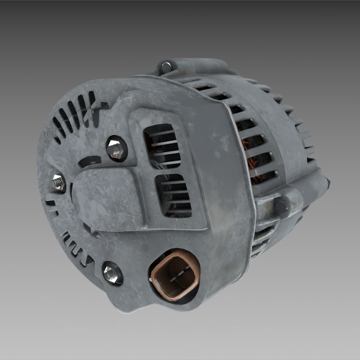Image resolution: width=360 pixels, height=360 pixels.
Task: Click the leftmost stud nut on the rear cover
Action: [x=58, y=182]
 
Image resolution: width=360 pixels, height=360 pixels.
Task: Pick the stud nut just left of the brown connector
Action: [x=112, y=273]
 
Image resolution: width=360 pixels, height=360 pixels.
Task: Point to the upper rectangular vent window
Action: [x=162, y=146]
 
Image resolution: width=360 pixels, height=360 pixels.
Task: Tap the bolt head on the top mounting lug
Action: [x=166, y=66]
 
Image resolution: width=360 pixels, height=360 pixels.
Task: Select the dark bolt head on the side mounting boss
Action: [x=280, y=207]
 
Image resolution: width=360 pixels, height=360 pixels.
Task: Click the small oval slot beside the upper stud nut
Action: [x=89, y=161]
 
